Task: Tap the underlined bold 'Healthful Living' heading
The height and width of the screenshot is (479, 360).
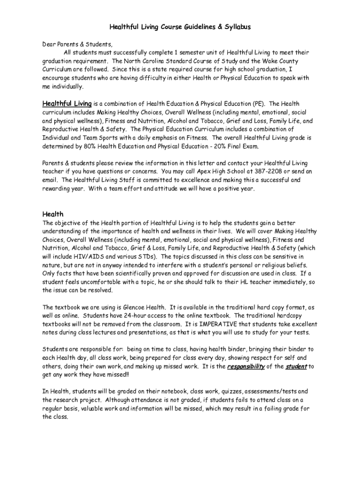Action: point(67,103)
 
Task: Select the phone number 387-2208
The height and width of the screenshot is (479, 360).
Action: point(268,171)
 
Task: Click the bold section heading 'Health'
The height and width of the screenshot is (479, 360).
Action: point(53,214)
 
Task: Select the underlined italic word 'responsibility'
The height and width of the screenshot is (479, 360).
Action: point(246,366)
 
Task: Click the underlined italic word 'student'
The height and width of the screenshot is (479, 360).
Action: point(296,366)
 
